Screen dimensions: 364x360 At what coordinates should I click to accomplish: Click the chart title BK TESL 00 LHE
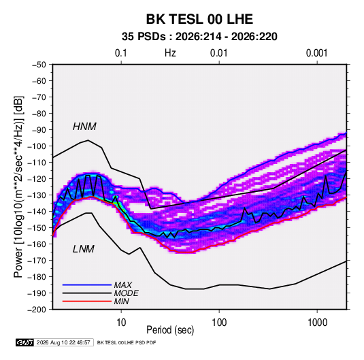(199, 19)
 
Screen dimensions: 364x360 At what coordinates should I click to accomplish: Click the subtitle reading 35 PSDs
(144, 37)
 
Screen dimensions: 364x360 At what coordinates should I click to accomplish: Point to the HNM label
(84, 127)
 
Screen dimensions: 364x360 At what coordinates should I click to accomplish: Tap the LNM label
(84, 249)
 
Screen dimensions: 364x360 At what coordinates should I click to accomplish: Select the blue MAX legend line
(87, 285)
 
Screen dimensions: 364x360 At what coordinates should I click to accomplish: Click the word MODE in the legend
(127, 293)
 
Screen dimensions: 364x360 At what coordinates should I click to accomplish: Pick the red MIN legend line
(87, 301)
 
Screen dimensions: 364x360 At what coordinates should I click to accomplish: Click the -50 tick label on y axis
(39, 65)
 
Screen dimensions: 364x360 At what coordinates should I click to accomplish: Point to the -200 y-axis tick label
(37, 310)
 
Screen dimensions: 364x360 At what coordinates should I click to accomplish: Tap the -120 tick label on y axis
(37, 179)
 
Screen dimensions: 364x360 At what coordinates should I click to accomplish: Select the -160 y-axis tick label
(37, 244)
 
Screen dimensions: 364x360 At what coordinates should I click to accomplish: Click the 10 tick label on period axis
(121, 323)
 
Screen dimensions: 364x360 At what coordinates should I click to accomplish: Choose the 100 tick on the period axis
(219, 323)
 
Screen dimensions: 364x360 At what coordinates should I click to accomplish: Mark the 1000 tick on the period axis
(317, 323)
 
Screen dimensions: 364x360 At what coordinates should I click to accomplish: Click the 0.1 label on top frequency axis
(121, 53)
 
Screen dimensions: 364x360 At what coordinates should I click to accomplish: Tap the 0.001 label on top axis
(317, 53)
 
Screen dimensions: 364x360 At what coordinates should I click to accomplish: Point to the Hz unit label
(170, 53)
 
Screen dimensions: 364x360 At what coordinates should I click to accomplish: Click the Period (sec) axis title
(170, 330)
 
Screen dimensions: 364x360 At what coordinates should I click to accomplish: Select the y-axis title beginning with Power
(19, 187)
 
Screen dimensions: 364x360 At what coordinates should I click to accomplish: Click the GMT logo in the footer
(25, 342)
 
